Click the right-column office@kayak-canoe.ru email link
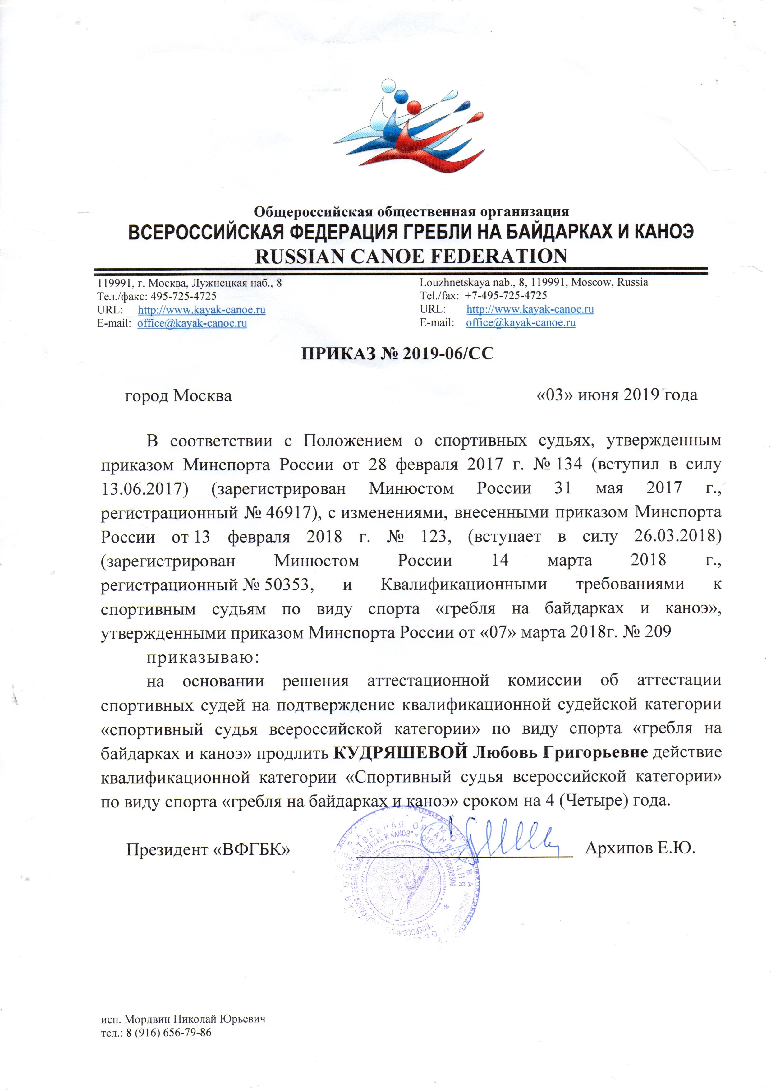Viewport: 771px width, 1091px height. click(521, 323)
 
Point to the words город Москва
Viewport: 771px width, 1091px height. click(178, 396)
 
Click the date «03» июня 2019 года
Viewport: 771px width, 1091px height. click(617, 395)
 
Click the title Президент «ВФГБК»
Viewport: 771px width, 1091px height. click(208, 850)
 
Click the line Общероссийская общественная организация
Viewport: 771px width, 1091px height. click(411, 211)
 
